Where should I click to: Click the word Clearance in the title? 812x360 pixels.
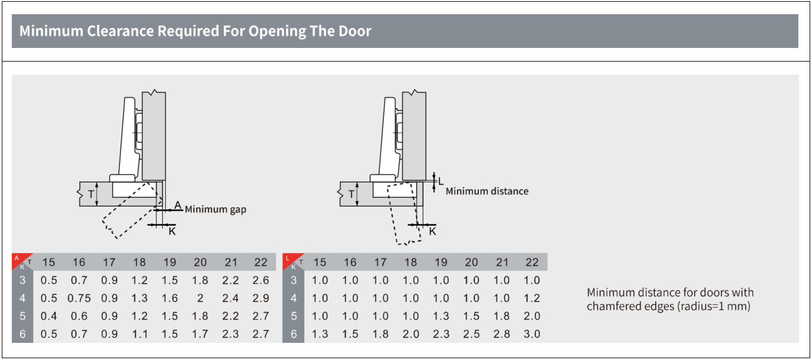click(120, 31)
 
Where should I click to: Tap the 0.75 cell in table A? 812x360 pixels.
click(79, 298)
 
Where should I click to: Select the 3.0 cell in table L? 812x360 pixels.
click(532, 334)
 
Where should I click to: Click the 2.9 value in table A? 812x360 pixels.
click(261, 298)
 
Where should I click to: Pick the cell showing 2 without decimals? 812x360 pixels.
click(200, 298)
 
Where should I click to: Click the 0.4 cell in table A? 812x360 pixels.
click(49, 316)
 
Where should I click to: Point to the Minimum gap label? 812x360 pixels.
click(216, 210)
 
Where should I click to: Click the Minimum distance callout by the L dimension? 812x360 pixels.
click(487, 191)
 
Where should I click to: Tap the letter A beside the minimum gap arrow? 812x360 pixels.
click(178, 205)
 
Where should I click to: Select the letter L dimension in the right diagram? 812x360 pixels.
click(441, 181)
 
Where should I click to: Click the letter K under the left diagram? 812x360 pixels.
click(172, 232)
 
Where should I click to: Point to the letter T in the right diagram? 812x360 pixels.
click(351, 194)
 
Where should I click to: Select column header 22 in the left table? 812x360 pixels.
click(261, 262)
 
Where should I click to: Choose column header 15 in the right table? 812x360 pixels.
click(320, 262)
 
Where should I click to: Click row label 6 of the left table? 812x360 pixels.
click(23, 334)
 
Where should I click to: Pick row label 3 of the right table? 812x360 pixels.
click(294, 280)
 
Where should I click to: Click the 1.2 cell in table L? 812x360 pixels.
click(532, 298)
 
